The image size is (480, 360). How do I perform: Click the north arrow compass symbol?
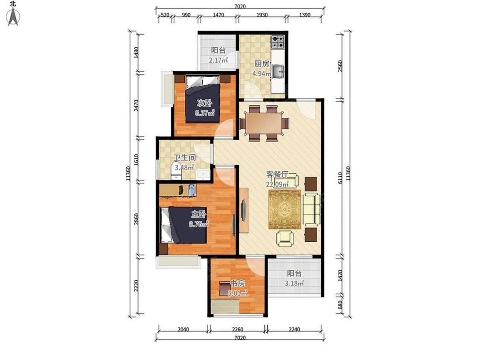[x=13, y=17]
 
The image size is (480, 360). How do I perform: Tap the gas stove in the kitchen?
[x=278, y=42]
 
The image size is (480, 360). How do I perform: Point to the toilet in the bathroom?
[x=176, y=171]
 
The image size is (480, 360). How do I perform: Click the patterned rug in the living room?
[x=285, y=209]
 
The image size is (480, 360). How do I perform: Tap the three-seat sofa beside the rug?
[x=312, y=209]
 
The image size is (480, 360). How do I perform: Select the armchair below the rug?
[x=285, y=238]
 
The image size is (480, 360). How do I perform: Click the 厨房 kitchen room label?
[x=262, y=64]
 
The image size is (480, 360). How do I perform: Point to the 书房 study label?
[x=238, y=284]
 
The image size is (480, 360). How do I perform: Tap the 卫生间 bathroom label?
[x=185, y=158]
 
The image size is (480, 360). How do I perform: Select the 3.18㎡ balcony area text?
[x=294, y=283]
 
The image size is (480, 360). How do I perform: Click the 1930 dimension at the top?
[x=262, y=15]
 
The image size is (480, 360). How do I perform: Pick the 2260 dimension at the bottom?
[x=238, y=329]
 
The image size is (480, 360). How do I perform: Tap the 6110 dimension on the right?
[x=340, y=178]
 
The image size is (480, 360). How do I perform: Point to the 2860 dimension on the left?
[x=137, y=219]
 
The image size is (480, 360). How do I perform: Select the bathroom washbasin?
[x=203, y=174]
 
